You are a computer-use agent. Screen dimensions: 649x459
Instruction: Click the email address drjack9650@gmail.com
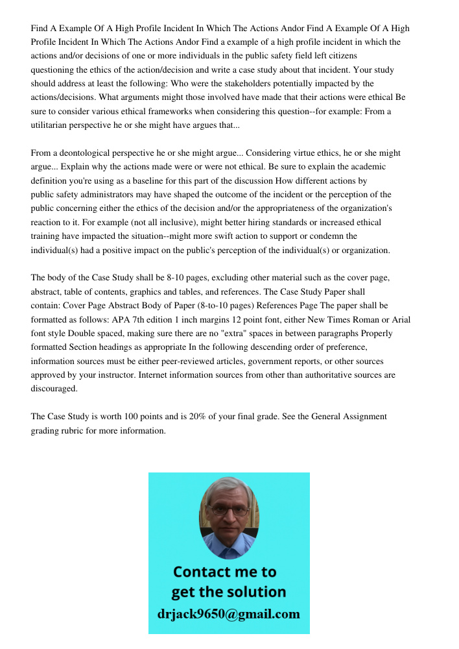pyautogui.click(x=229, y=613)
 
